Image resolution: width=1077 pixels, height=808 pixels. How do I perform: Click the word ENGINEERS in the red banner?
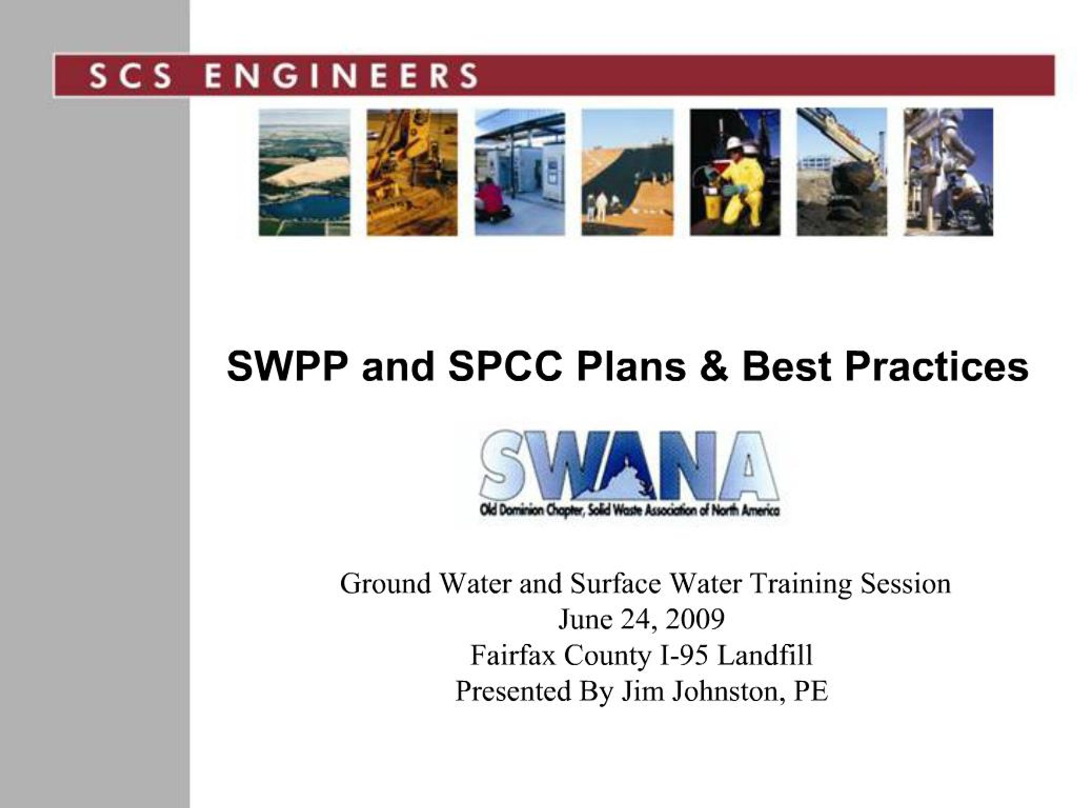[x=341, y=76]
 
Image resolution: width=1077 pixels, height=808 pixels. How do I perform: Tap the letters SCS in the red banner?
[x=130, y=76]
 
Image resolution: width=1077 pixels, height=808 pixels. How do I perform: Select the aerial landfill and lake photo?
[x=304, y=173]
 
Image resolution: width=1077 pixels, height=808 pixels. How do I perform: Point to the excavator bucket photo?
[x=841, y=173]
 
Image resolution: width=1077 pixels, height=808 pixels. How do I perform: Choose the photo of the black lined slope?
[x=627, y=173]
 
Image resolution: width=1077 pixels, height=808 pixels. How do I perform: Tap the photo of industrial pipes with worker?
[x=948, y=173]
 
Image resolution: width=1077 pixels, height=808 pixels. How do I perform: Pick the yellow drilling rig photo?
[x=412, y=173]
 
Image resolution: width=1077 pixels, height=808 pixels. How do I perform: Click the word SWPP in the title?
[x=287, y=367]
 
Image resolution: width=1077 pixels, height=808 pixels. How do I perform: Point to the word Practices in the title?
[x=936, y=367]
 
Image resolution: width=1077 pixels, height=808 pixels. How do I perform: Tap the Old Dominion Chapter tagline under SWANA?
[x=629, y=510]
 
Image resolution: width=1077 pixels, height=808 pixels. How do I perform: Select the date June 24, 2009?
[x=641, y=619]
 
